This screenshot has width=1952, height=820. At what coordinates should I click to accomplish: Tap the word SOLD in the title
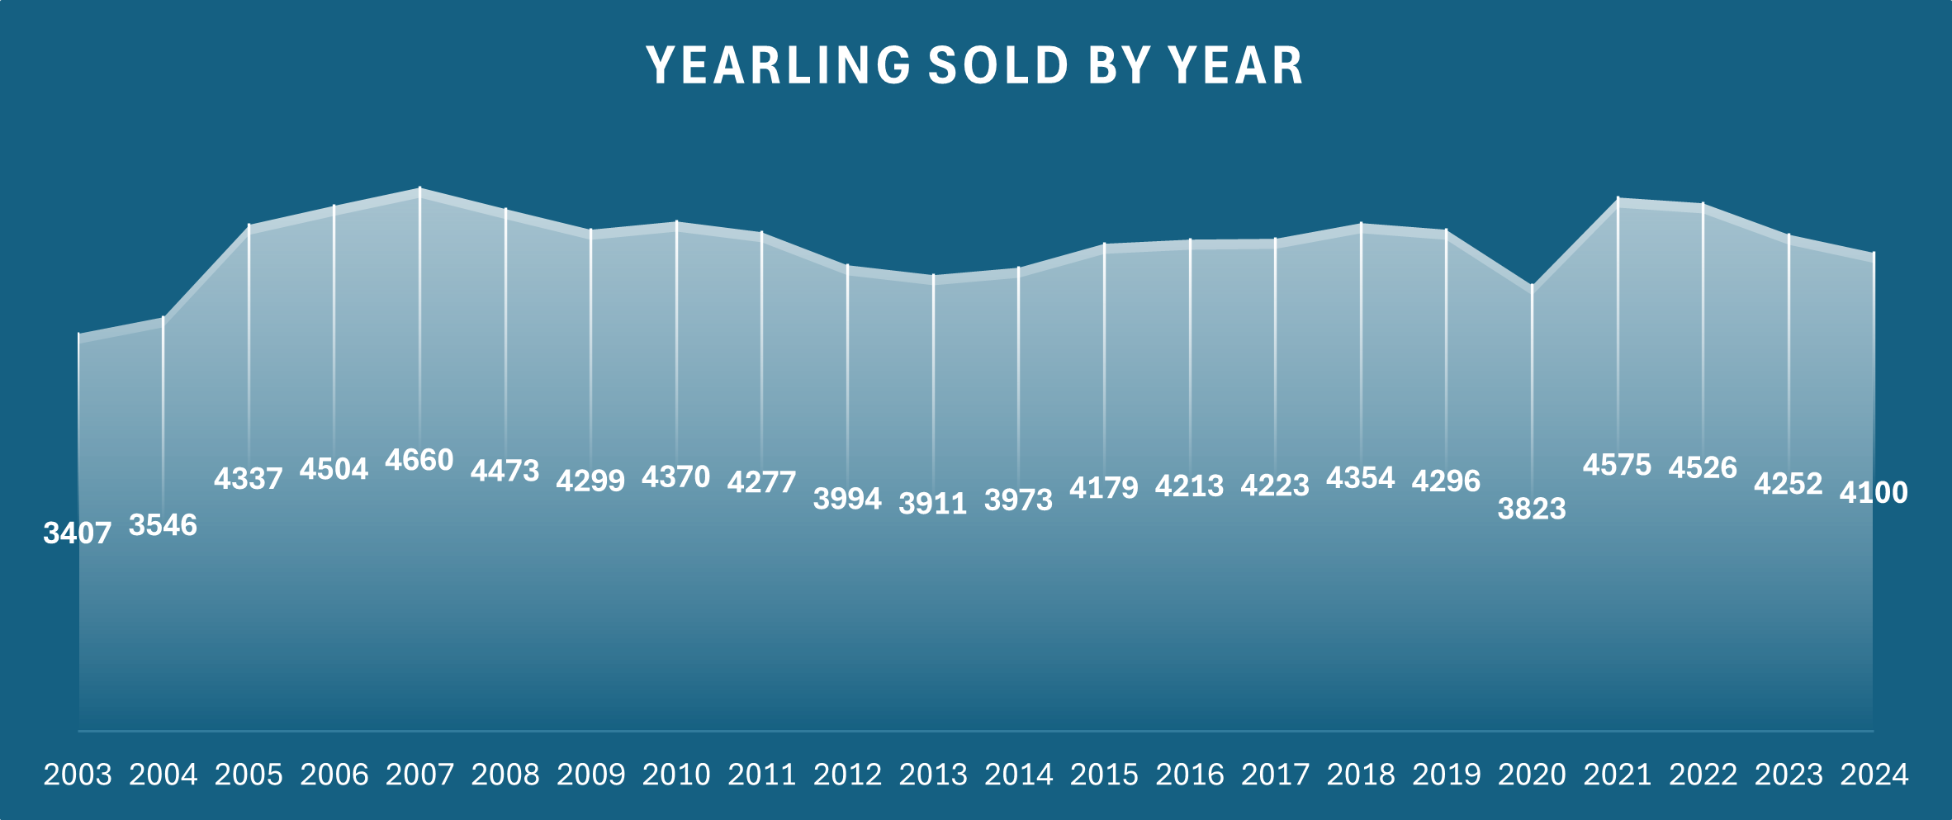click(998, 66)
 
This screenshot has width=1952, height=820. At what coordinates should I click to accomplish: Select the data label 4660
click(419, 460)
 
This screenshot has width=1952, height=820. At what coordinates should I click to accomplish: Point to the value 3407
click(78, 533)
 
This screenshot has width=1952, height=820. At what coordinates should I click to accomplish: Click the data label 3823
click(1532, 509)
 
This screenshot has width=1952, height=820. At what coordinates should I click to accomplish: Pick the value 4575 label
click(1617, 466)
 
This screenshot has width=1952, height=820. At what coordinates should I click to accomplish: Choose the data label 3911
click(933, 504)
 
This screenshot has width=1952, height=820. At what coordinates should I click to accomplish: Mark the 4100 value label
click(1874, 493)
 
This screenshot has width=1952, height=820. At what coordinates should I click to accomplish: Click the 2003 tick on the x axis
click(78, 775)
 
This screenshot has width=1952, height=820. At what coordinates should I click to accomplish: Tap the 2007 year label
click(419, 775)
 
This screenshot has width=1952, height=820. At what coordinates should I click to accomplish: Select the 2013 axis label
click(933, 775)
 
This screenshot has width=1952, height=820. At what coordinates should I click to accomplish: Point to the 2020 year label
click(1532, 775)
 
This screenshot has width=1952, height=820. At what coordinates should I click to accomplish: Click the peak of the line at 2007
click(420, 190)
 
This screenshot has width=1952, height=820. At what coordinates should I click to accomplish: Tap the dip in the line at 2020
click(1533, 287)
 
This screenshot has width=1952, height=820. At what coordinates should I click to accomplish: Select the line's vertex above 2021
click(1618, 200)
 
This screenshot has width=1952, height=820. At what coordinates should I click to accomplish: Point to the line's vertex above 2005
click(249, 226)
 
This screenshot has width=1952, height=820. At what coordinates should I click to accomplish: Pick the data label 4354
click(1360, 478)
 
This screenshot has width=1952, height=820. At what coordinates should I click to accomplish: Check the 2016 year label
click(1190, 775)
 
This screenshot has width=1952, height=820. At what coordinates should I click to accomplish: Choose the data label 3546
click(163, 525)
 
